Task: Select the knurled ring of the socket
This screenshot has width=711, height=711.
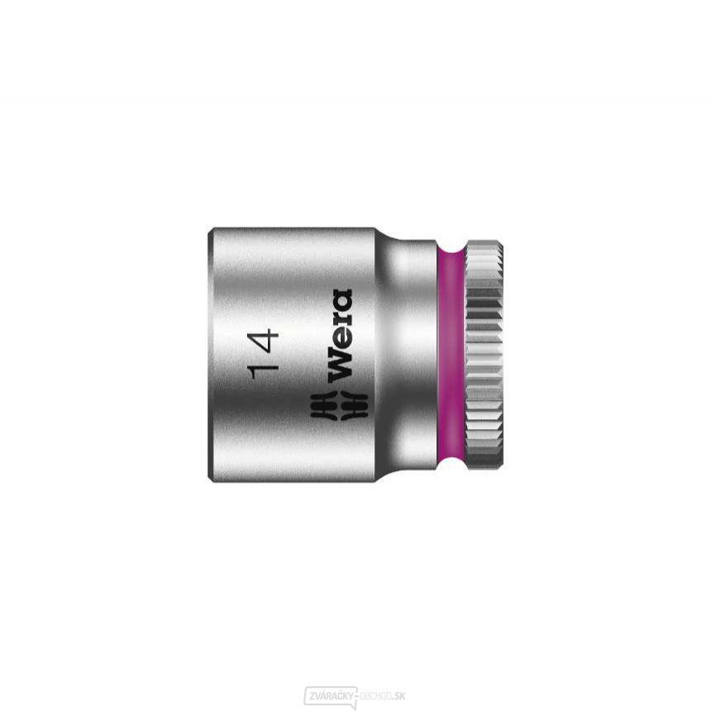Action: pyautogui.click(x=484, y=356)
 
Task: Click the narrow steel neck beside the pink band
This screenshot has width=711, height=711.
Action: pyautogui.click(x=413, y=356)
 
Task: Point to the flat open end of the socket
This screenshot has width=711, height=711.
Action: pyautogui.click(x=210, y=356)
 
